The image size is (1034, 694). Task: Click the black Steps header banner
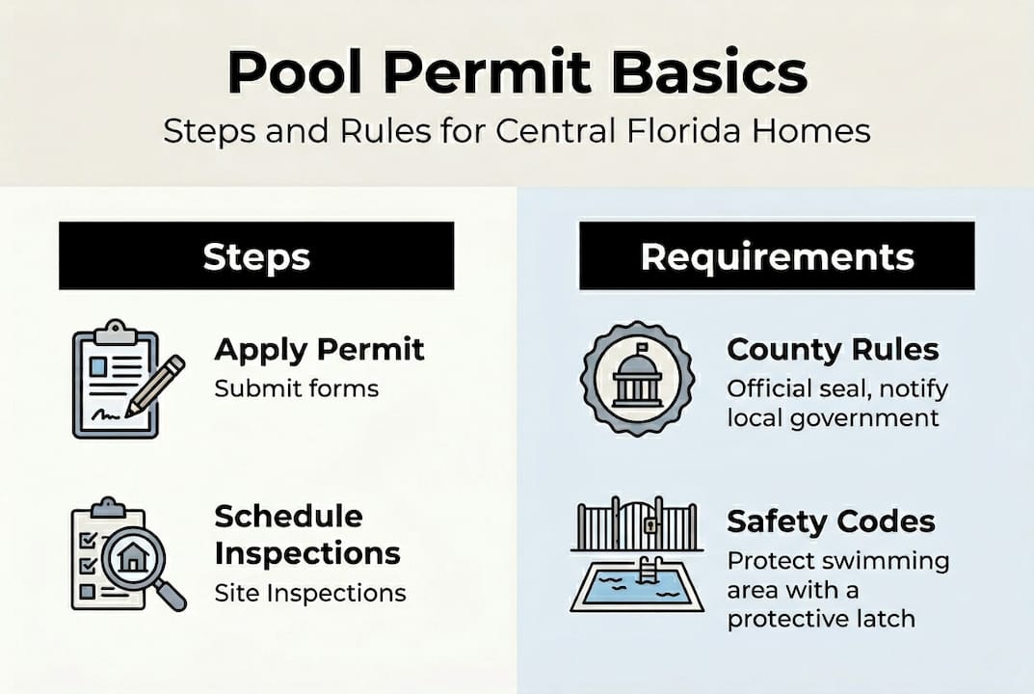(256, 255)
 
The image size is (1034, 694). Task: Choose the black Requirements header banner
(777, 255)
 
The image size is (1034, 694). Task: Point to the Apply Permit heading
(319, 349)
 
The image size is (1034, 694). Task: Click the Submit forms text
(296, 388)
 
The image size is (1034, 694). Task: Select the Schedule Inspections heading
(306, 534)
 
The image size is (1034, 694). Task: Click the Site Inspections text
(309, 592)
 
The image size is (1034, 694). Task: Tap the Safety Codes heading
(831, 521)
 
